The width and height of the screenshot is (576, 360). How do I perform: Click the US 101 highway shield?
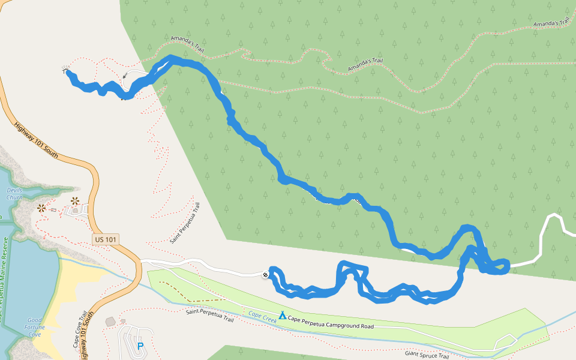tap(106, 239)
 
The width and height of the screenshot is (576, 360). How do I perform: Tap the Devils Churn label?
tap(14, 193)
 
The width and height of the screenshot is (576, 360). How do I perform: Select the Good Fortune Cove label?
tap(34, 327)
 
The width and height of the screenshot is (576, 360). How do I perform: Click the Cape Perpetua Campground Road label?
tap(331, 322)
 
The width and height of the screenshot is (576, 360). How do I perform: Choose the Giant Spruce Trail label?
tap(427, 356)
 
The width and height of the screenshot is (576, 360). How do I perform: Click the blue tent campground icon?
tap(282, 314)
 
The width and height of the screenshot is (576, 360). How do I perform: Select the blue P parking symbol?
tap(140, 346)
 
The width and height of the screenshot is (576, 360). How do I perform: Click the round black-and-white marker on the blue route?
tap(265, 275)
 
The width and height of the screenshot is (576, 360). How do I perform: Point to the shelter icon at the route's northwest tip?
tap(64, 70)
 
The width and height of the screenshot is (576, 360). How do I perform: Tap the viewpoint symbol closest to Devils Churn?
tap(41, 208)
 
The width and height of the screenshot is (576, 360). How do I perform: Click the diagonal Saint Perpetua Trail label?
tap(185, 223)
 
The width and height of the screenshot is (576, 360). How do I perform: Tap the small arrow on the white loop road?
tap(125, 76)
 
